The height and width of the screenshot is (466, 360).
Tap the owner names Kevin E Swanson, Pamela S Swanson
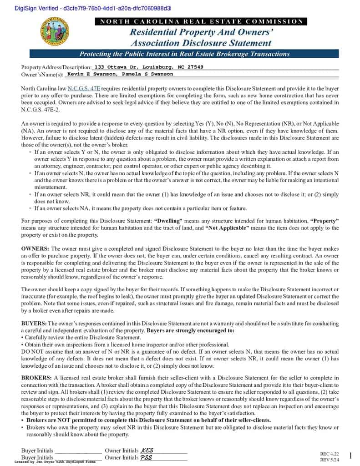click(x=120, y=74)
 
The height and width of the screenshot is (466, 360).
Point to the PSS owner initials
click(x=147, y=457)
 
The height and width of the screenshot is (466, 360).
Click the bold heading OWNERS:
click(x=35, y=249)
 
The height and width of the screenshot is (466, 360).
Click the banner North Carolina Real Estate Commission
click(x=201, y=21)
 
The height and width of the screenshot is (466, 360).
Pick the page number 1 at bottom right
click(x=350, y=456)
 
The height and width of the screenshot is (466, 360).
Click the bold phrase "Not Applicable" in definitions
click(x=228, y=228)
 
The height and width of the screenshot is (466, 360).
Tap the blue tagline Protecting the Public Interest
click(x=185, y=54)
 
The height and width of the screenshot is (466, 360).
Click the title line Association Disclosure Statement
click(x=201, y=43)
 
